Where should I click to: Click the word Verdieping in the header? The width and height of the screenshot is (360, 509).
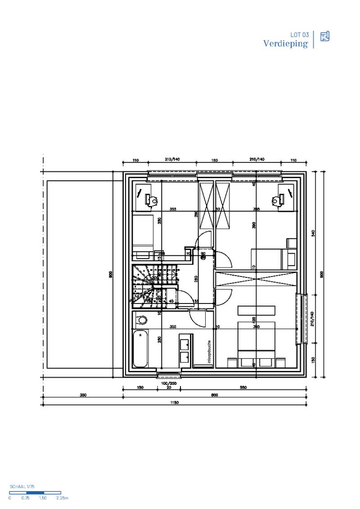point(286,44)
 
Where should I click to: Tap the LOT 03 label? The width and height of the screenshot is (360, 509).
point(300,35)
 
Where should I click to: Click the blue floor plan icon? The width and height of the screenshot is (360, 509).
point(325,36)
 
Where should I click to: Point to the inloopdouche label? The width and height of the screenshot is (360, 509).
point(209,351)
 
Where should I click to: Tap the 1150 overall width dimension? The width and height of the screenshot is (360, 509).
point(174,403)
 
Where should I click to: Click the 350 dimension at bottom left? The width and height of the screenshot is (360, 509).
point(83,395)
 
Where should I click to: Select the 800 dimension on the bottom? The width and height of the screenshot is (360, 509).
point(214,395)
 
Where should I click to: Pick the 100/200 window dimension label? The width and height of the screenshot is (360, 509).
point(169,383)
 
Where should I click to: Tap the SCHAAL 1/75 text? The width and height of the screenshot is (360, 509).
point(22,487)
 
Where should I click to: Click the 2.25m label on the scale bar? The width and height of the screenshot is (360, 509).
point(62,498)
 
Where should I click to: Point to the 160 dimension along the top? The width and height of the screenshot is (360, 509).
point(215,160)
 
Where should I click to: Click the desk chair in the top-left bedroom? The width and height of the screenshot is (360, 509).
point(153,200)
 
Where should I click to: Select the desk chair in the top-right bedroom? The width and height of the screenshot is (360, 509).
point(275,200)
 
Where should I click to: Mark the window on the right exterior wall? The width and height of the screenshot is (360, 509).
point(299,319)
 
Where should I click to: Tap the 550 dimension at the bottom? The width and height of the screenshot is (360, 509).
point(243,388)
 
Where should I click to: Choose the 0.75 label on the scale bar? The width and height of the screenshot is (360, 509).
point(25,498)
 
